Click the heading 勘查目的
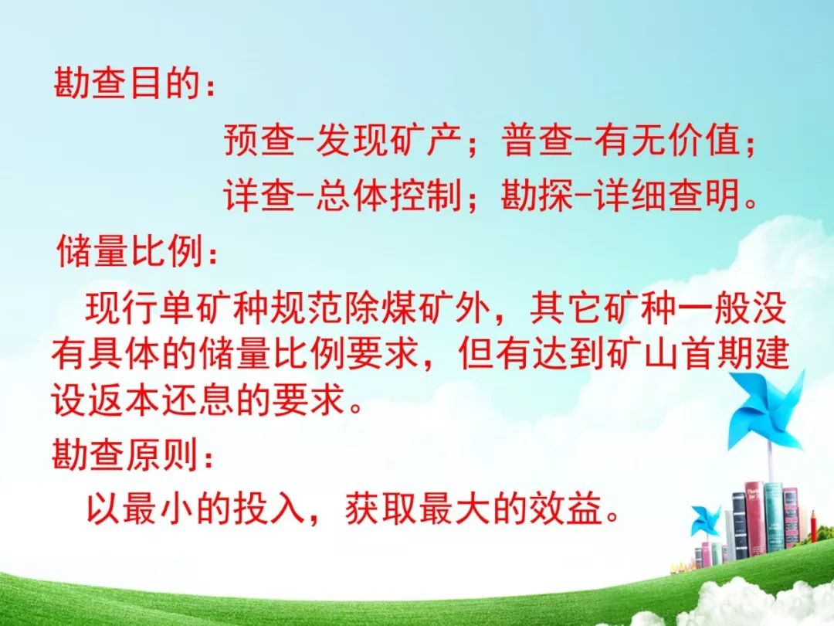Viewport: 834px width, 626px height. [x=127, y=83]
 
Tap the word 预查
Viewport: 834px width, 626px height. [x=259, y=140]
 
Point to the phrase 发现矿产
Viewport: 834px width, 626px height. [x=388, y=140]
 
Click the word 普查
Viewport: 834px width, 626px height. [x=538, y=140]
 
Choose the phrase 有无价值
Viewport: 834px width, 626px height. [x=668, y=140]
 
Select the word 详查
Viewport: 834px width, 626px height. [x=259, y=196]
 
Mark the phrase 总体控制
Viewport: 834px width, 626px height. [x=388, y=196]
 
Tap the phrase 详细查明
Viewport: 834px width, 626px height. [x=668, y=196]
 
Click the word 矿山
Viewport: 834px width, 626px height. [x=643, y=353]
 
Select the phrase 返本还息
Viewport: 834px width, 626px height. [x=161, y=399]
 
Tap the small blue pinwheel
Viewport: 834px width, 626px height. [x=706, y=519]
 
